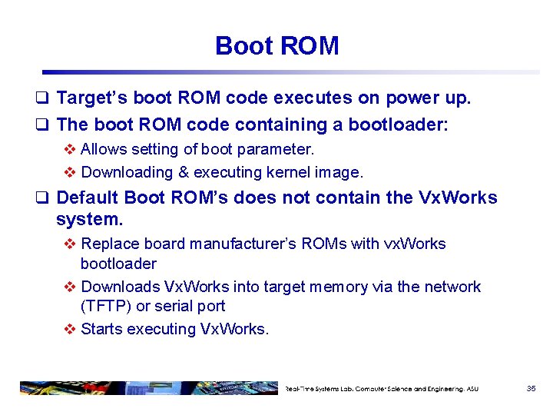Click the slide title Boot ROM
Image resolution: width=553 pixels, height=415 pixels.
(276, 46)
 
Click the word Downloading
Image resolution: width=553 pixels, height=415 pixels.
(127, 172)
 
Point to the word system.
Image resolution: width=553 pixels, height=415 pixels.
(89, 220)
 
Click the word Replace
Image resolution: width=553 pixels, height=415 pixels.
(108, 244)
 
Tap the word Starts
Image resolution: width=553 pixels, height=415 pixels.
(101, 329)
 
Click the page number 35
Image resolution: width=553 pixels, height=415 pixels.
(531, 389)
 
